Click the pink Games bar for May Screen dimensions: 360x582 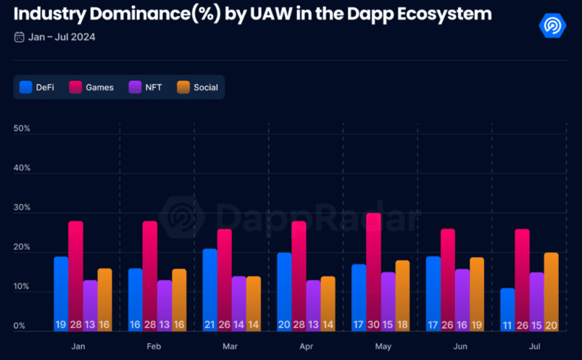coord(373,272)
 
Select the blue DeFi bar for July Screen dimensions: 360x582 coord(507,310)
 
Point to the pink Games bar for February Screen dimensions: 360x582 coord(150,276)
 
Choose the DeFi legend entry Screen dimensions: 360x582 coord(37,88)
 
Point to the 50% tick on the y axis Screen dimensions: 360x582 coord(22,129)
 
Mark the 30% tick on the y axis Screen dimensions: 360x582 coord(22,208)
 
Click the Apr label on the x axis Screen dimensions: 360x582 coord(306,347)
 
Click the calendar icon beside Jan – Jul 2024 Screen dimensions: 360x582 coord(19,37)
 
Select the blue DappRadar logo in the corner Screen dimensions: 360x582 coord(552,25)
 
